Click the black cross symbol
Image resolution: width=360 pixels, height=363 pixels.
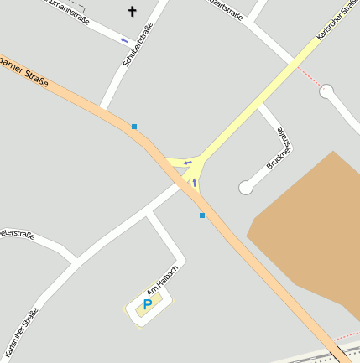coord(131,12)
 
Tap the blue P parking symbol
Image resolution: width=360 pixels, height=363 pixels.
coord(148,304)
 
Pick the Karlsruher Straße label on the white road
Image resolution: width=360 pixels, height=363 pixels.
coord(21,332)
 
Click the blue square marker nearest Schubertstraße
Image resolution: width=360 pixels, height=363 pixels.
coord(133,127)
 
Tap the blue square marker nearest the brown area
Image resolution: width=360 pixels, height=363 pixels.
coord(202,215)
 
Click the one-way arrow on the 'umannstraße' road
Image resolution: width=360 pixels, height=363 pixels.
coord(125,39)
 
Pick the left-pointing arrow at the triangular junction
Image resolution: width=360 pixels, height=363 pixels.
coord(188,162)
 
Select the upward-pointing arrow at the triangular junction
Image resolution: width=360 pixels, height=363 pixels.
coord(195,182)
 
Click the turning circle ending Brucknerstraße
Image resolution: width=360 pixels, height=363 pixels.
coord(246,188)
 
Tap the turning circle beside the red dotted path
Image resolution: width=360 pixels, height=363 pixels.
coord(327,91)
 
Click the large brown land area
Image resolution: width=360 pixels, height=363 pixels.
coord(310,235)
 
